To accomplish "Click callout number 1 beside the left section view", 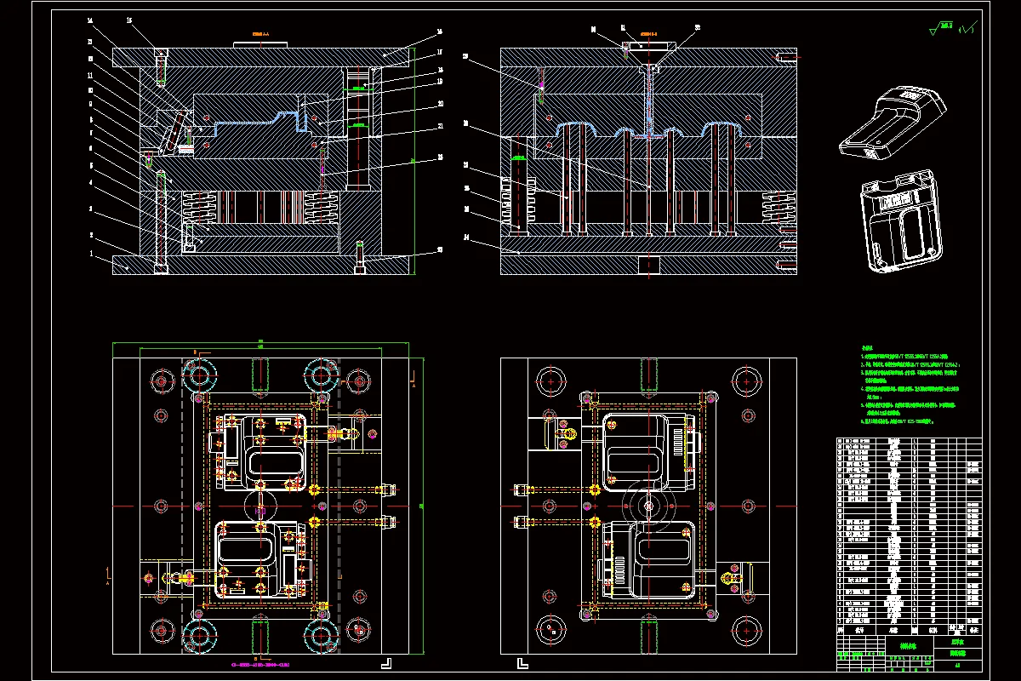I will pos(91,254).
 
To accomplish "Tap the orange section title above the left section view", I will pos(260,34).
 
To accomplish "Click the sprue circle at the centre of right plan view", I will pos(649,506).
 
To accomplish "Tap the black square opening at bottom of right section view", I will pos(649,265).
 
